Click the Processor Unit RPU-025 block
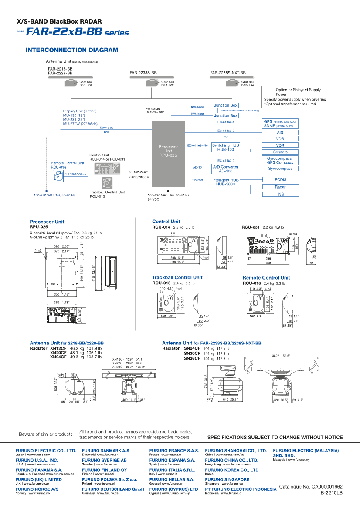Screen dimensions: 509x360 [168, 150]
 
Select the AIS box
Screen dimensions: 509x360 [280, 132]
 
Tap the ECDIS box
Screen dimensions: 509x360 [280, 179]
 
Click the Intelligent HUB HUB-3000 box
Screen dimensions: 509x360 [226, 182]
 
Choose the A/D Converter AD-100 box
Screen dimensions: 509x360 [226, 169]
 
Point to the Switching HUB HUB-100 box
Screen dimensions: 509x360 [226, 147]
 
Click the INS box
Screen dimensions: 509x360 [280, 194]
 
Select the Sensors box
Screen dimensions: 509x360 [280, 152]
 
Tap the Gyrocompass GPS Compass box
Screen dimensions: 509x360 [280, 160]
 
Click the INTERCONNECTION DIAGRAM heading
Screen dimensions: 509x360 [72, 50]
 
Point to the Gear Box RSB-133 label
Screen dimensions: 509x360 [248, 84]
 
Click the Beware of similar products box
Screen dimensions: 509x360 [46, 434]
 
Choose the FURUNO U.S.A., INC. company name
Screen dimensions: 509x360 [37, 460]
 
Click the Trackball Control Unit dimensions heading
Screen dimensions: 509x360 [177, 277]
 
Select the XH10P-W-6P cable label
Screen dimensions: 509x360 [138, 172]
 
